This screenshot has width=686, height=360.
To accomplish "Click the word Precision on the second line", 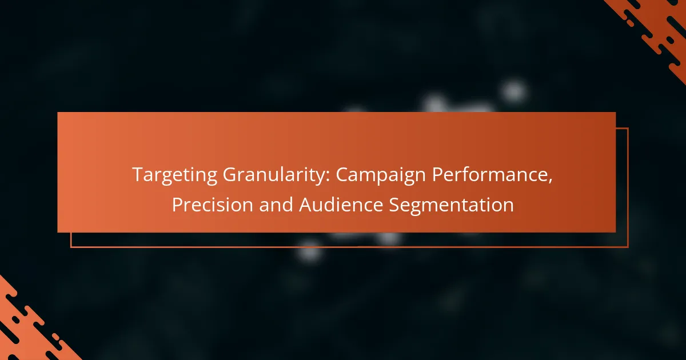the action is click(212, 204).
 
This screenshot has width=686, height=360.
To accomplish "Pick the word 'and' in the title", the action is click(276, 204).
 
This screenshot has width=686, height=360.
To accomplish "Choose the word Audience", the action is click(341, 204).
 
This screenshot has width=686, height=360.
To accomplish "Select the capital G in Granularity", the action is click(230, 174).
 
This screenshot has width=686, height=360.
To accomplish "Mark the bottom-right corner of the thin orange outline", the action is click(628, 247).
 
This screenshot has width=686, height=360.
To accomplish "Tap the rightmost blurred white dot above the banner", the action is click(514, 91).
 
